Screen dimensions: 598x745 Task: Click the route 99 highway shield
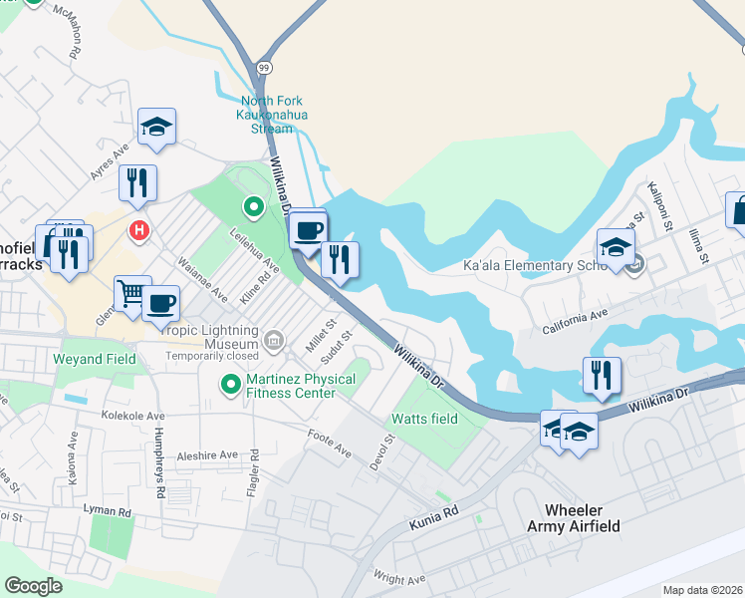263,68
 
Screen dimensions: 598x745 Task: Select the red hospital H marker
140,231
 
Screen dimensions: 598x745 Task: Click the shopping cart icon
131,292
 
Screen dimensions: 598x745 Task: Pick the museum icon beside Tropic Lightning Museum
274,344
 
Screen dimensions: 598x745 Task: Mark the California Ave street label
575,323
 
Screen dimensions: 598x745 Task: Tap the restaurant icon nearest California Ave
601,375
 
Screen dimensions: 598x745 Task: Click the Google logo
33,586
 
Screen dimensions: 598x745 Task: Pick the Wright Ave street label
398,578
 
